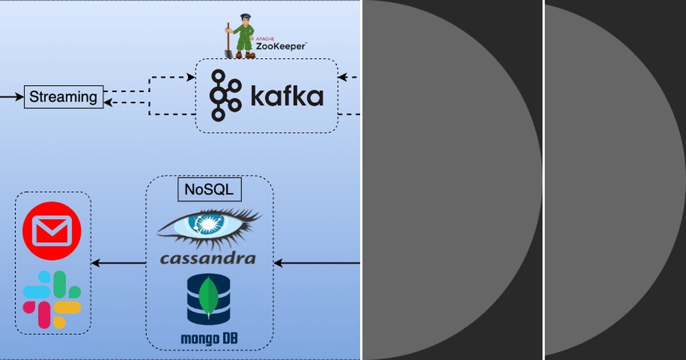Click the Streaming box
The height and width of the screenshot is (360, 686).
(x=63, y=97)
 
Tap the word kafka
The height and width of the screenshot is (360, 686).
(x=287, y=97)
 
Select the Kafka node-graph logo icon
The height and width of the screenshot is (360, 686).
(x=225, y=95)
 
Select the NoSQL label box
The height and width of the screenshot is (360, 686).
(x=209, y=190)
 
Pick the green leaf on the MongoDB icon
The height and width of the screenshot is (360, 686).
(x=210, y=296)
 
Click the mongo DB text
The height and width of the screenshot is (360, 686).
(x=209, y=338)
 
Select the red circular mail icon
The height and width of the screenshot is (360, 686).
(x=51, y=231)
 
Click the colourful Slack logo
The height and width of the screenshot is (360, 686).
(x=51, y=299)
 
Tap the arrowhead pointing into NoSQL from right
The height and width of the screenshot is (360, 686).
(x=278, y=263)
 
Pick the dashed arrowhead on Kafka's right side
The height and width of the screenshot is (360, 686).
(x=342, y=76)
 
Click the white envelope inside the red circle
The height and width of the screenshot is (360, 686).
(x=51, y=232)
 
